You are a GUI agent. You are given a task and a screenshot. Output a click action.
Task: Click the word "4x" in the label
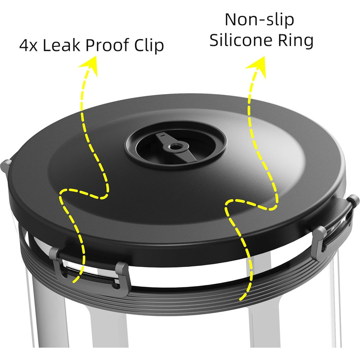(28, 45)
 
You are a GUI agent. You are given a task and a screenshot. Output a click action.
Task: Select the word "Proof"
(107, 45)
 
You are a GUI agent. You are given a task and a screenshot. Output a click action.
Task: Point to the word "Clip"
(149, 45)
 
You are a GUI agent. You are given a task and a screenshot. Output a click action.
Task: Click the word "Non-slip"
(259, 20)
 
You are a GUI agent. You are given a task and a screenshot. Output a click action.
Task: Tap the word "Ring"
(296, 41)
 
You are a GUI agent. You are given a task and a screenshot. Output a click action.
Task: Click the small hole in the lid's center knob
(176, 146)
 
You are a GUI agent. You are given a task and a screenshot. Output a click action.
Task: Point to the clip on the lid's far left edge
(6, 166)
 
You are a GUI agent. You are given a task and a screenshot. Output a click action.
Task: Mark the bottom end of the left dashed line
(73, 282)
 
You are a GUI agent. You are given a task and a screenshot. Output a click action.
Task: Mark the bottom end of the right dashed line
(240, 299)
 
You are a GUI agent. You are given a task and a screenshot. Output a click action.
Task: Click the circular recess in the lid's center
(176, 145)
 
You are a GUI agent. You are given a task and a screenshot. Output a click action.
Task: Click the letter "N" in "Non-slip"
(231, 20)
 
